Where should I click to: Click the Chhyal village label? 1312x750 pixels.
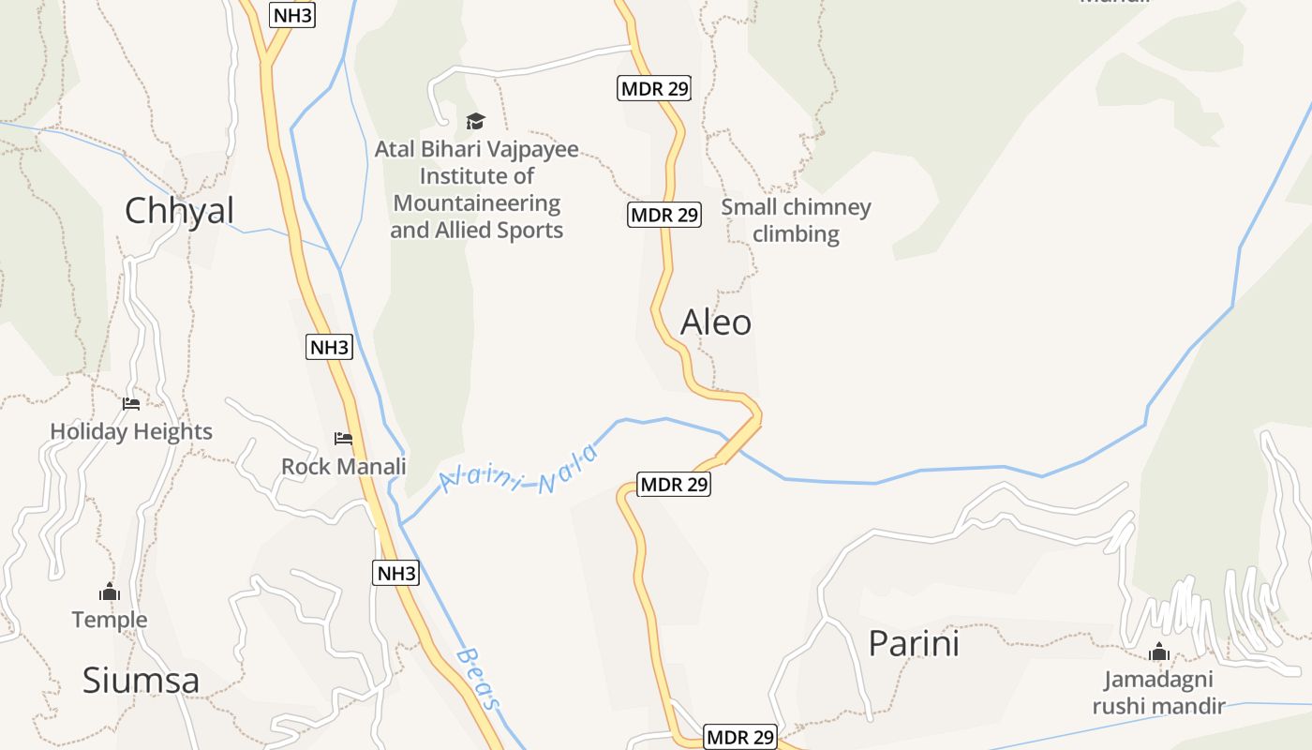point(179,210)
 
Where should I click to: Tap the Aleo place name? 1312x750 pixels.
point(716,322)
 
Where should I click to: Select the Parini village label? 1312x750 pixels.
point(914,644)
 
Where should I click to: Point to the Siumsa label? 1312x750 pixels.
point(141,681)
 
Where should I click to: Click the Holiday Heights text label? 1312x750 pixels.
point(131,432)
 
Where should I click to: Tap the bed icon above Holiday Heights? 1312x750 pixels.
point(131,404)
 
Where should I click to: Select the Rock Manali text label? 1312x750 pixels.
point(344,466)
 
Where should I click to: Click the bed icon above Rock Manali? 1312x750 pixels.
point(343,438)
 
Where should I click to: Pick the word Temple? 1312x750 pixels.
point(110,620)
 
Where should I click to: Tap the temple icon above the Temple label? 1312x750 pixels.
point(110,592)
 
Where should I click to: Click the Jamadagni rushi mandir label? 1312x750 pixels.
point(1158,692)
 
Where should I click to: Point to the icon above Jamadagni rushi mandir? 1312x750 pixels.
point(1159,652)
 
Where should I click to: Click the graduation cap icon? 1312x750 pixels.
point(476,121)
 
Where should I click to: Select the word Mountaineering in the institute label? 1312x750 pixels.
point(477,203)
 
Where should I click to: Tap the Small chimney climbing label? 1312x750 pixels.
point(796,220)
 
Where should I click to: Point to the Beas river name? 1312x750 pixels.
point(480,677)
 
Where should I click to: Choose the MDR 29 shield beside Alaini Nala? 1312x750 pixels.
point(674,485)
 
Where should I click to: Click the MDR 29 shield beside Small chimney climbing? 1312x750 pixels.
point(664,215)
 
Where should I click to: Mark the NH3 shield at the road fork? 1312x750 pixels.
point(292,15)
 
